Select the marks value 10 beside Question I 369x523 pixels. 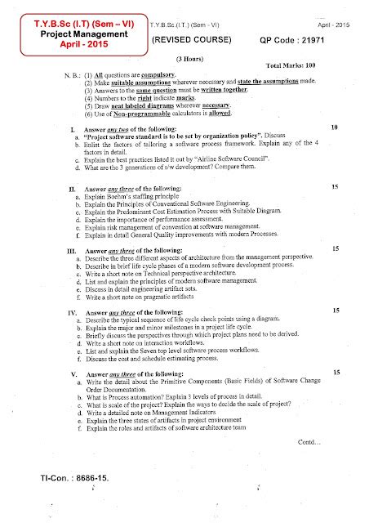[335, 127]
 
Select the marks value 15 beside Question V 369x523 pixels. [335, 372]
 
